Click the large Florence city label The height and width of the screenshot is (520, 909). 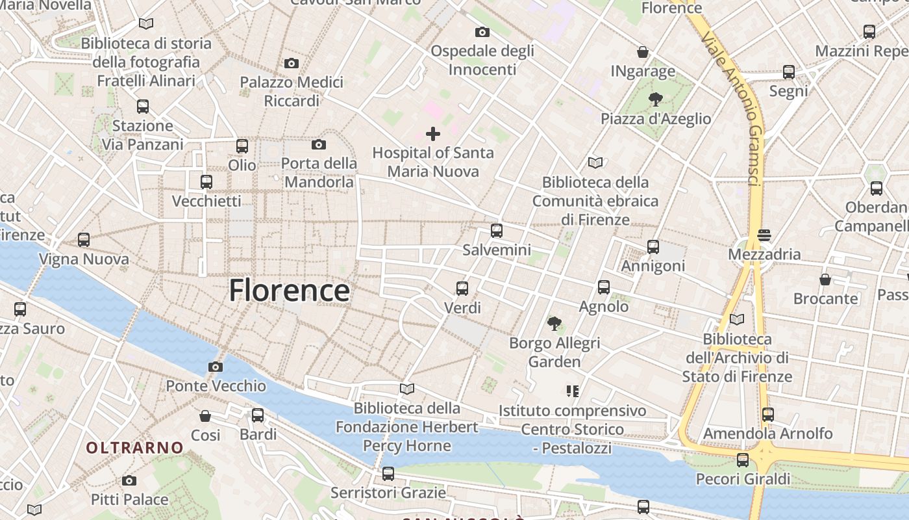pos(289,291)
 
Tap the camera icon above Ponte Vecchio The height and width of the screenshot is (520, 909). pos(216,367)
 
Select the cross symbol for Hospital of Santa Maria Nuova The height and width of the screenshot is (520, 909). pos(433,134)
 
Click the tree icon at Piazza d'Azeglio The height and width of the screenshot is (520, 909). pos(656,99)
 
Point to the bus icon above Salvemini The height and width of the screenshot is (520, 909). pos(497,230)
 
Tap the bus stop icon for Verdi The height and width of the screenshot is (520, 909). pos(462,288)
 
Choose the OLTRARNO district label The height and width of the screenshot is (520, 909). pos(135,447)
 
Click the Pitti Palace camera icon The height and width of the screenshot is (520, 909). pos(129,481)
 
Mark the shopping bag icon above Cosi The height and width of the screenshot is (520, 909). pos(205,416)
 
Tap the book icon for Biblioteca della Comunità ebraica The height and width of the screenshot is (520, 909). pos(595,162)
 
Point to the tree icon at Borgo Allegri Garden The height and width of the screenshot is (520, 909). pos(554,323)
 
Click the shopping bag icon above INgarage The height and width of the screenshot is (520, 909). pos(643,52)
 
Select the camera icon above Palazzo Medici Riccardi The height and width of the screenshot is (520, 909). pos(292,63)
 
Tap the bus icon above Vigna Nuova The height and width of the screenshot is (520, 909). pos(84,240)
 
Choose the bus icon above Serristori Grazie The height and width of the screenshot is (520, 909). pos(388,474)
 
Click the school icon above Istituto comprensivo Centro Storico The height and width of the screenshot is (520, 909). pos(572,391)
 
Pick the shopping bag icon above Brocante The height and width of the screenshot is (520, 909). pos(825,279)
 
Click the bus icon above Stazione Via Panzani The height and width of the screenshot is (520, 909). pos(143,107)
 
